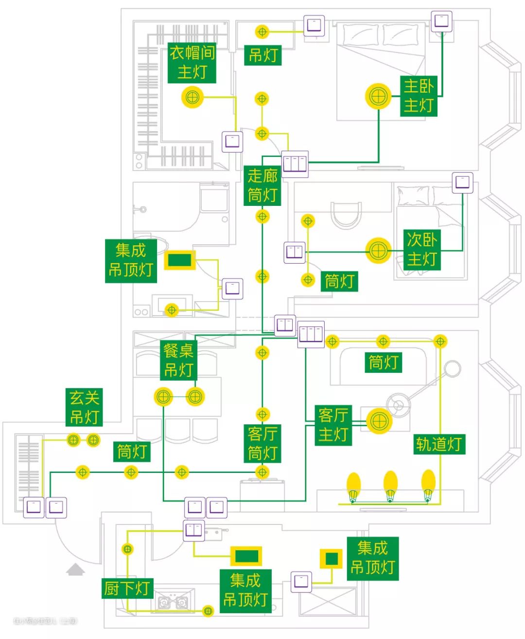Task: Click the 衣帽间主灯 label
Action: [192, 63]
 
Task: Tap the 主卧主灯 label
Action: [419, 96]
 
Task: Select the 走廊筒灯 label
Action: [262, 185]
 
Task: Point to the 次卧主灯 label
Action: [422, 249]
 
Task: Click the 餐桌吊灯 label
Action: [179, 360]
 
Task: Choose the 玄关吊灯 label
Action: [84, 407]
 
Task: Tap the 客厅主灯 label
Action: [333, 425]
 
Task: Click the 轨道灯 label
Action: [439, 444]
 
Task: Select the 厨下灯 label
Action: [127, 589]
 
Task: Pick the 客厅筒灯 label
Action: [262, 443]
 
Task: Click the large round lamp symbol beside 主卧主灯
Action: [378, 96]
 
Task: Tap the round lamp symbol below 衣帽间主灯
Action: [192, 97]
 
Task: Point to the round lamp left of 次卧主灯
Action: [378, 251]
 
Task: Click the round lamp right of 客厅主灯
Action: [379, 420]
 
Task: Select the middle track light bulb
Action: [390, 484]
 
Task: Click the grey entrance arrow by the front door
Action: [75, 569]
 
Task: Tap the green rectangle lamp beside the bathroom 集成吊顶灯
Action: [179, 260]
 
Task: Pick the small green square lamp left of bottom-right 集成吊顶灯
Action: [332, 558]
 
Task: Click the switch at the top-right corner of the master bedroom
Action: [441, 21]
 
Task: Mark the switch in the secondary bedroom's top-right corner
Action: [462, 183]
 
